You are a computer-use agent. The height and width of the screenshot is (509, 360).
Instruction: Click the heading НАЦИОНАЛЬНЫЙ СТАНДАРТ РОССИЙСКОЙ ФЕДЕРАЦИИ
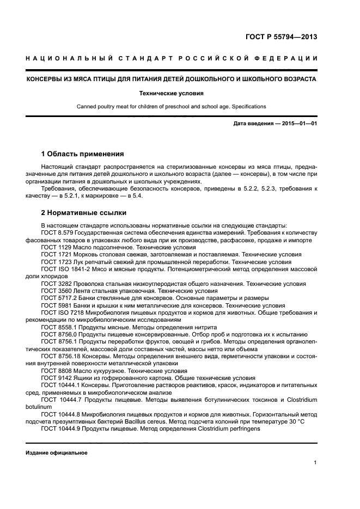click(x=172, y=58)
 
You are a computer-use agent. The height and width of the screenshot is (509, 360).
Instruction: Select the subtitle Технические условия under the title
click(x=172, y=93)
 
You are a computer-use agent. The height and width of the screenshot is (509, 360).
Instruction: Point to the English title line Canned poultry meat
click(x=172, y=106)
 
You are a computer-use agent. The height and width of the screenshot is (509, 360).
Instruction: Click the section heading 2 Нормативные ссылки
click(x=83, y=213)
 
